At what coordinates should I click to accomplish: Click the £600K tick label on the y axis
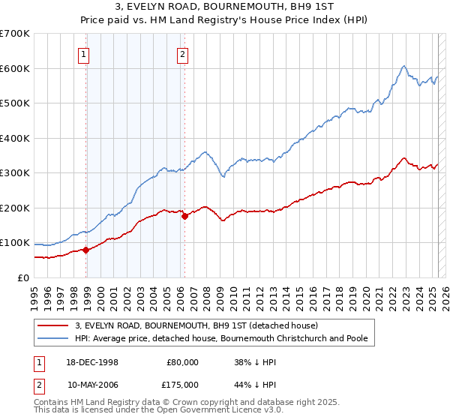15,68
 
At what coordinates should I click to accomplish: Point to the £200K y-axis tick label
15,208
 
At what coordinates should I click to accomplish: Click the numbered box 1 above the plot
83,53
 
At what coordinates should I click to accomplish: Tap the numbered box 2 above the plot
182,53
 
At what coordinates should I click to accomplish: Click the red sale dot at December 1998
86,250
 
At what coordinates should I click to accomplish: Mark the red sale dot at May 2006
184,217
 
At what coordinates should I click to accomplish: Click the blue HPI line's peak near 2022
403,67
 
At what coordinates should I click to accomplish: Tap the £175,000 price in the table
182,384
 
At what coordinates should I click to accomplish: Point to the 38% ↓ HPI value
254,361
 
